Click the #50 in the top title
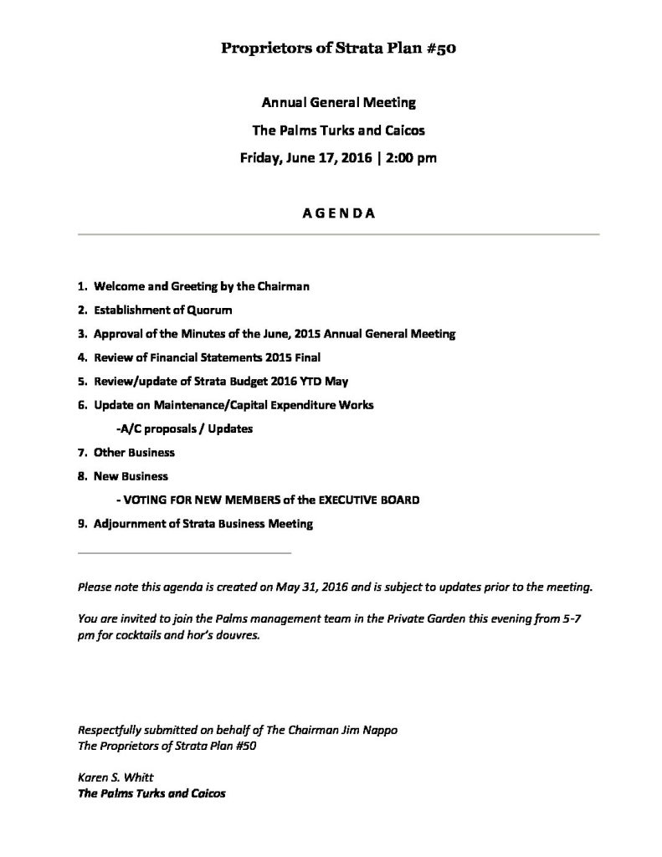(x=439, y=49)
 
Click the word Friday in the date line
(x=259, y=157)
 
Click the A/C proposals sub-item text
(x=185, y=428)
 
